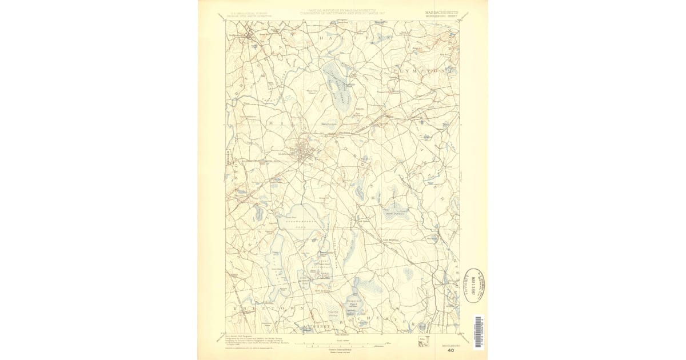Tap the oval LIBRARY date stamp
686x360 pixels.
[475, 284]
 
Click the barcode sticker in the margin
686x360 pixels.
[477, 332]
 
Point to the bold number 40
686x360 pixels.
[451, 351]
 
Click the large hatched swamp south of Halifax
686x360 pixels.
[337, 86]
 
